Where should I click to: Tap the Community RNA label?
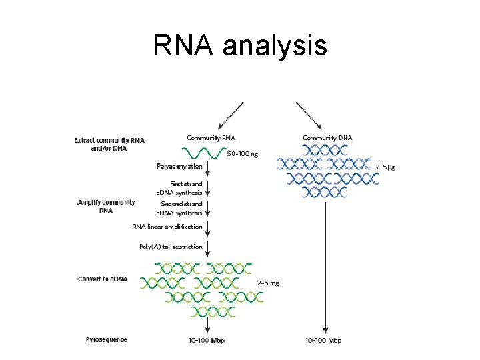coord(211,138)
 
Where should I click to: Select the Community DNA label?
coord(327,138)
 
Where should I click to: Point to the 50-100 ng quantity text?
coord(243,154)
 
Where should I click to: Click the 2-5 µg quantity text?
coord(385,167)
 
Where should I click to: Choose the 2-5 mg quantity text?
coord(268,283)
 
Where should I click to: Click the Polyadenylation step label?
coord(179,167)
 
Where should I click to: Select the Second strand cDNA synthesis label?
coord(179,208)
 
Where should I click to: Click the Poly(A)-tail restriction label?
coord(171,247)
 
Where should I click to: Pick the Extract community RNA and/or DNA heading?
coord(109,144)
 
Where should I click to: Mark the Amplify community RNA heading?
coord(107,205)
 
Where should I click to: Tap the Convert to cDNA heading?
coord(103,279)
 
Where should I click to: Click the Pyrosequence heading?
coord(106,340)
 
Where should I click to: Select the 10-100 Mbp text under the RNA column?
coord(208,341)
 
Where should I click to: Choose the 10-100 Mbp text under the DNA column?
coord(323,341)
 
